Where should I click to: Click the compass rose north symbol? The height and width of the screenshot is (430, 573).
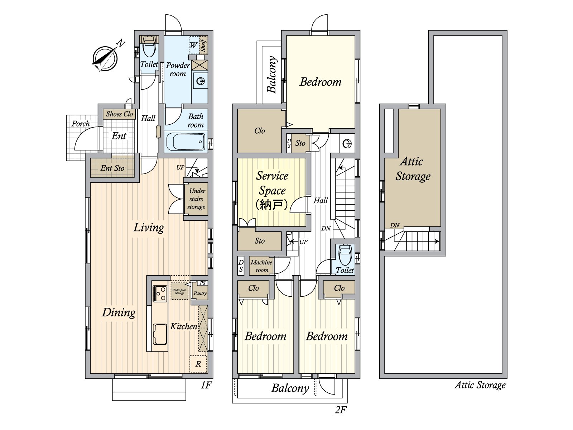(105, 58)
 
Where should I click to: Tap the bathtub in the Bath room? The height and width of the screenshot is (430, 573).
(186, 142)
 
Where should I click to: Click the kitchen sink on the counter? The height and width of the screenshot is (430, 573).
(160, 334)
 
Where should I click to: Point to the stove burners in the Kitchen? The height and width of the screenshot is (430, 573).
(160, 293)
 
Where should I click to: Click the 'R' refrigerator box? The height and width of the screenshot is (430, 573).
(198, 364)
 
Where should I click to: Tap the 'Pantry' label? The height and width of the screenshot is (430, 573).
(200, 293)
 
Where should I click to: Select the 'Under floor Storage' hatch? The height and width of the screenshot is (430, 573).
(179, 291)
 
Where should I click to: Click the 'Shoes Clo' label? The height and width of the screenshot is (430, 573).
(119, 114)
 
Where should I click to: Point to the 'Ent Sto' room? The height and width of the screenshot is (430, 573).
(112, 168)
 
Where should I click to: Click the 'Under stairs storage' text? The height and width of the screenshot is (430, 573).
(196, 199)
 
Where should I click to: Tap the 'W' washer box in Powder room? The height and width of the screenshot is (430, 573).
(193, 45)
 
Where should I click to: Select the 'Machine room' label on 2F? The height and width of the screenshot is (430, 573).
(261, 266)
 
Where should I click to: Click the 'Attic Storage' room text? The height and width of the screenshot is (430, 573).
(413, 168)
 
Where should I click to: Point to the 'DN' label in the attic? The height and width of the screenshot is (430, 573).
(395, 225)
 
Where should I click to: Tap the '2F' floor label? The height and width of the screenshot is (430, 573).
(341, 410)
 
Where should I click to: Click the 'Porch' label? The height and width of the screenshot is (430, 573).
(81, 124)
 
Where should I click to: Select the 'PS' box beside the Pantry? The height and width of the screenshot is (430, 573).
(202, 283)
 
